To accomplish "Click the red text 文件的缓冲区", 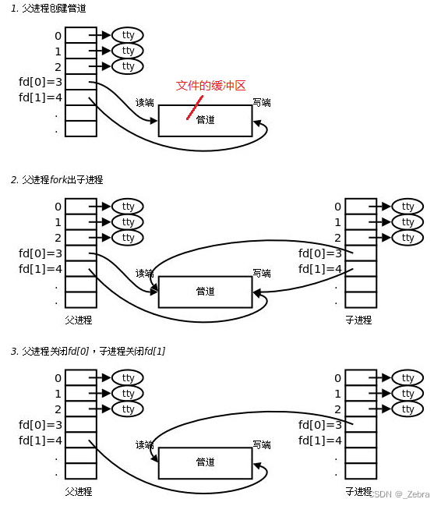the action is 210,86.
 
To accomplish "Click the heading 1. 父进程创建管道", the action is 48,9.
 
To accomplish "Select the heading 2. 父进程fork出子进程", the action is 57,180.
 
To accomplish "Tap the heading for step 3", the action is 88,351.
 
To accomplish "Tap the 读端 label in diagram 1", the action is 144,103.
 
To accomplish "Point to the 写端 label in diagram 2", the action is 262,274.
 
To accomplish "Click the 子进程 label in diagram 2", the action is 358,320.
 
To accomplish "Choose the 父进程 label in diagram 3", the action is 79,491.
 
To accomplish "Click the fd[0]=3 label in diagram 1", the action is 41,82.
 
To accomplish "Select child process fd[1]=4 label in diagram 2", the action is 320,269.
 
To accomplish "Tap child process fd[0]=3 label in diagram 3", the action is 320,425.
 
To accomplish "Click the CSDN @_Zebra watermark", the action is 399,494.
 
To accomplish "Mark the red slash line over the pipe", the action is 195,108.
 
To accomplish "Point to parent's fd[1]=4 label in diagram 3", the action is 41,441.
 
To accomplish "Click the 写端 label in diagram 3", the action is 262,445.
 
